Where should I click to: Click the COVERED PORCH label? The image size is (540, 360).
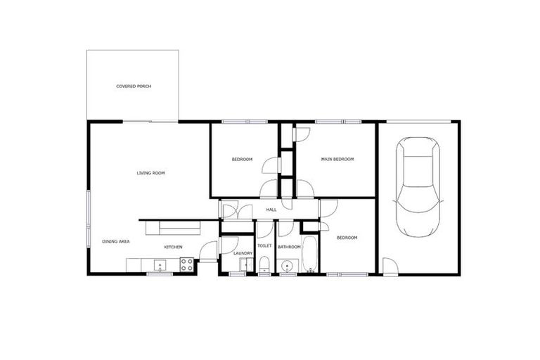(x=134, y=86)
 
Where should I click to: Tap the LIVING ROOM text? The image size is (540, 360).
(x=150, y=172)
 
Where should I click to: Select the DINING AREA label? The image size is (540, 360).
(x=115, y=241)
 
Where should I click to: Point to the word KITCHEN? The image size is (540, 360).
(x=174, y=247)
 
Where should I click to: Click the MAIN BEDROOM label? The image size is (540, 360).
(x=337, y=160)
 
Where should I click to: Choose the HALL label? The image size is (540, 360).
(x=271, y=210)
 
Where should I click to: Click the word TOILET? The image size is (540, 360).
(x=264, y=246)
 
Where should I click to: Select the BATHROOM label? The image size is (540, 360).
(x=289, y=247)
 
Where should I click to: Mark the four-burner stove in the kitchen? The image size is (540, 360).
(x=188, y=264)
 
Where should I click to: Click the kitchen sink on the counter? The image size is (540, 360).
(x=160, y=264)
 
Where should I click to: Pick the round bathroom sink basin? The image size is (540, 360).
(x=286, y=266)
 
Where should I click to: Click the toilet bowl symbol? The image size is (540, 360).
(x=264, y=264)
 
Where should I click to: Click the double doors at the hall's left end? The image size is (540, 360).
(x=236, y=210)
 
